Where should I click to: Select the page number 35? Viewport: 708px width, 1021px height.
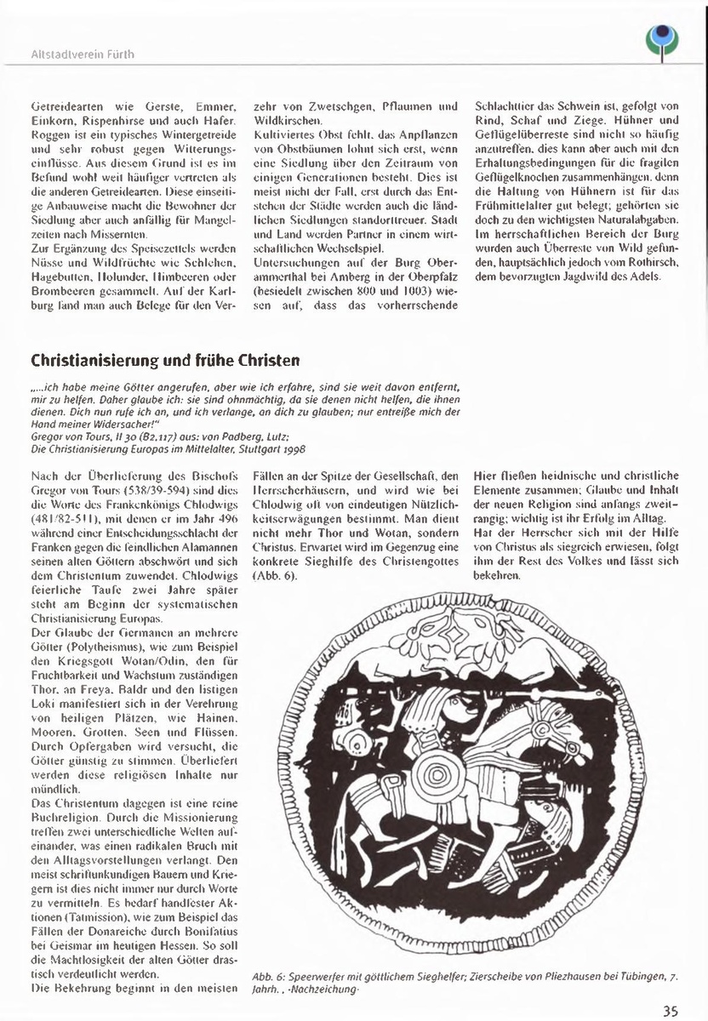tap(671, 1011)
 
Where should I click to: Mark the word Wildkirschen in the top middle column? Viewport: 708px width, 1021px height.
tap(283, 120)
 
